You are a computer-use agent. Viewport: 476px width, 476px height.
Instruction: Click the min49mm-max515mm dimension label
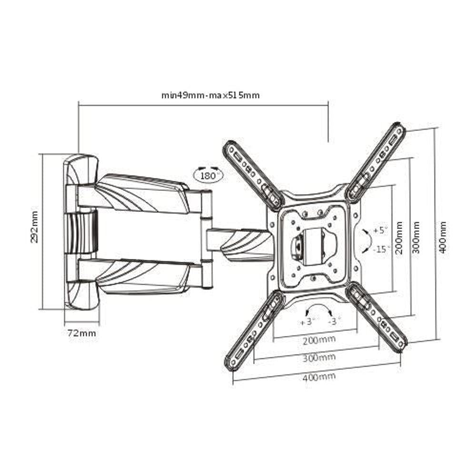(210, 95)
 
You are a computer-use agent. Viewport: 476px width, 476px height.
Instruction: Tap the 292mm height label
(34, 227)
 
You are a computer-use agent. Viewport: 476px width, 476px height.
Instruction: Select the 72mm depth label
(81, 333)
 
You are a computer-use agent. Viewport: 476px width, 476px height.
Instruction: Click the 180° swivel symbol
(208, 175)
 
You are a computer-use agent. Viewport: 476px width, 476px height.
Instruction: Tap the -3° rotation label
(335, 321)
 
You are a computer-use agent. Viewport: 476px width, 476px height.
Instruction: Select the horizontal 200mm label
(318, 339)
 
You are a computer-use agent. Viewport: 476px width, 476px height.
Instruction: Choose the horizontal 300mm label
(318, 357)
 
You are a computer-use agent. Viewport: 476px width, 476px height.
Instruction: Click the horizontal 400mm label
(318, 376)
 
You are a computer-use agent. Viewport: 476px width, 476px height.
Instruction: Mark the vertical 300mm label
(416, 237)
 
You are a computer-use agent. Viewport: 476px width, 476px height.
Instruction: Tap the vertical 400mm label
(442, 237)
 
